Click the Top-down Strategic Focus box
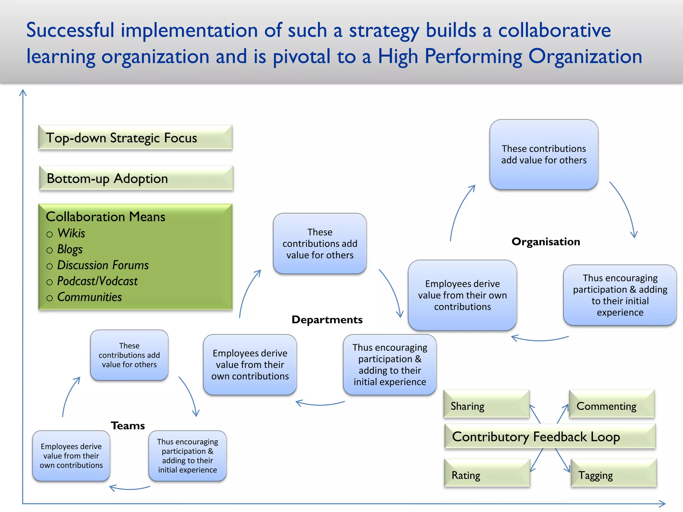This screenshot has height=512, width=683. pos(135,138)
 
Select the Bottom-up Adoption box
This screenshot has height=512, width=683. pos(136,178)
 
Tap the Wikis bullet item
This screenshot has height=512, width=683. pos(71,233)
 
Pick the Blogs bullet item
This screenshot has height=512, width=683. pos(70,249)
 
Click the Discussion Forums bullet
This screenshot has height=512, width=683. pos(103,265)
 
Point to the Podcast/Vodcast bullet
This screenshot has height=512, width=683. pos(97,281)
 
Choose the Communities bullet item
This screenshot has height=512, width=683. pos(89,297)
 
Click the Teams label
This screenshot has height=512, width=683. pos(128,426)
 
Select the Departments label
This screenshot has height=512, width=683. pos(327,320)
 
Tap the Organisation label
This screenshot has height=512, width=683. pos(546,242)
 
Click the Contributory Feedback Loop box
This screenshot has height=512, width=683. pos(550,437)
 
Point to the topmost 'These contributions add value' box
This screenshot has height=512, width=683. pos(544,155)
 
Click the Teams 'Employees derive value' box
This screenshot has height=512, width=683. pos(71,456)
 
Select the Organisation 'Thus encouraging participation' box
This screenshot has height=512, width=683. pos(620,295)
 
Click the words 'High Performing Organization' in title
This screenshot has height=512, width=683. pos(510,57)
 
